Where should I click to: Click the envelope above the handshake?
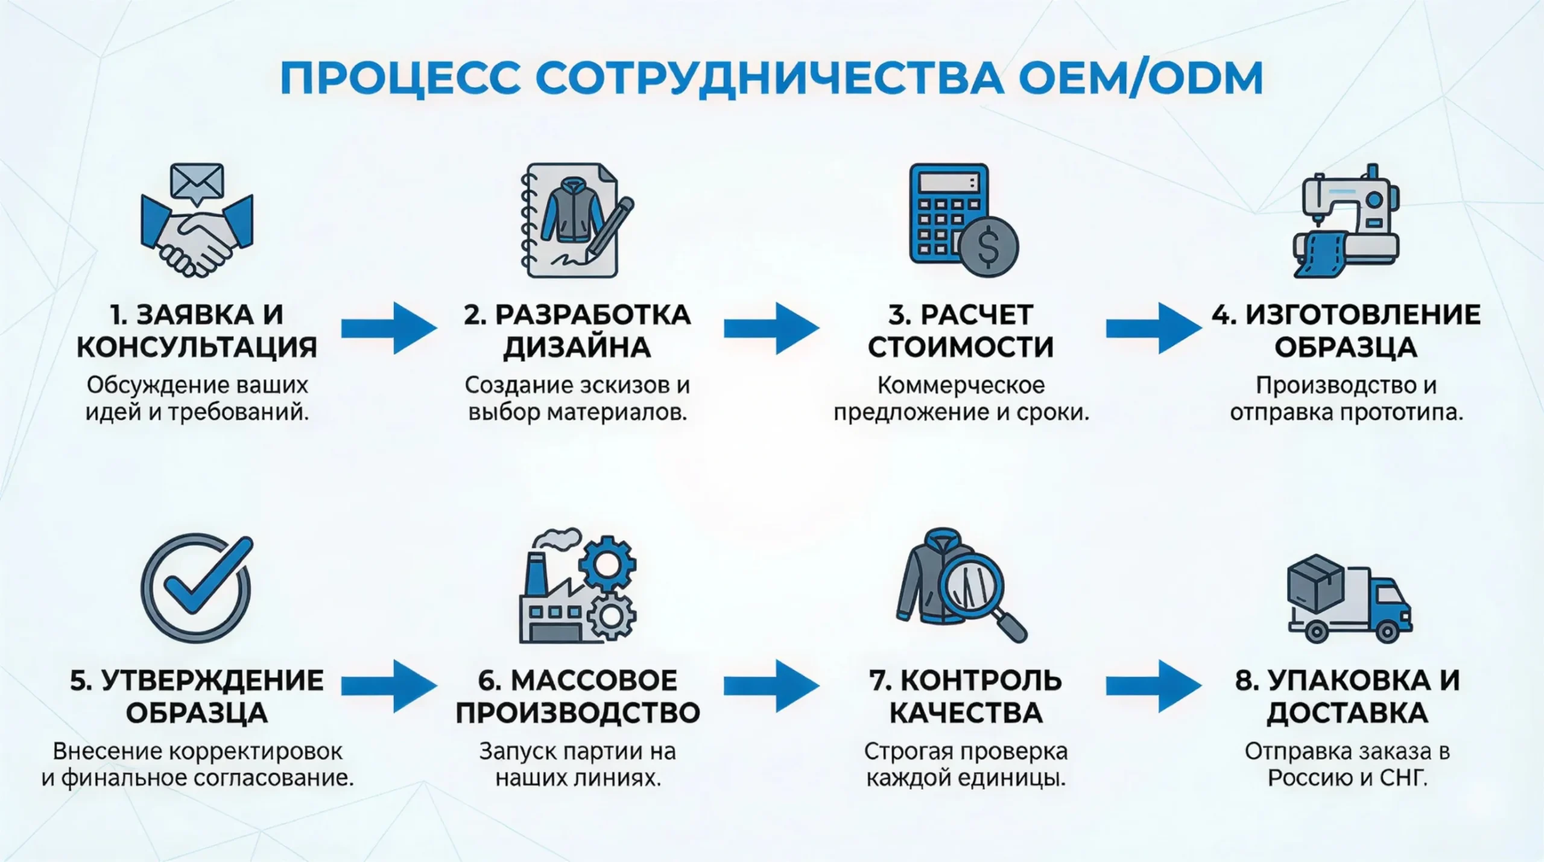[x=197, y=181]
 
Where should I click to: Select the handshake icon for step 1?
[x=197, y=238]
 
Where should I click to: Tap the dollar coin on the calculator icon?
[x=989, y=246]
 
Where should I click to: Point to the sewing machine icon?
[x=1346, y=220]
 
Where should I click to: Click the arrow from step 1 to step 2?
[x=389, y=328]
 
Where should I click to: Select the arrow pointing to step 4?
[x=1153, y=328]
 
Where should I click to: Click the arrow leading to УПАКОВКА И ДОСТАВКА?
[x=1153, y=686]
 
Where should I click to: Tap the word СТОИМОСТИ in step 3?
[x=960, y=347]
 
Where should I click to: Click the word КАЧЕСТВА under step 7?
[x=966, y=713]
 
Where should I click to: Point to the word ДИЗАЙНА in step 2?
[x=577, y=347]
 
